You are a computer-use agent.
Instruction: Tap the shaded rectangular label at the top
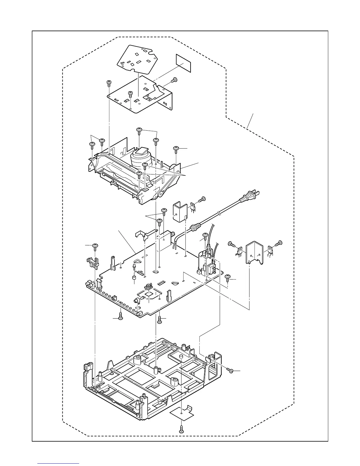click(x=183, y=63)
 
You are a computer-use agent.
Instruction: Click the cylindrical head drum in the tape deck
click(x=141, y=160)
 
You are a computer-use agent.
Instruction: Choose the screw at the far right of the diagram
click(x=278, y=243)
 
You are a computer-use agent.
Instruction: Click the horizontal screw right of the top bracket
click(x=174, y=79)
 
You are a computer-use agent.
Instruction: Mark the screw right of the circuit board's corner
click(x=228, y=278)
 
